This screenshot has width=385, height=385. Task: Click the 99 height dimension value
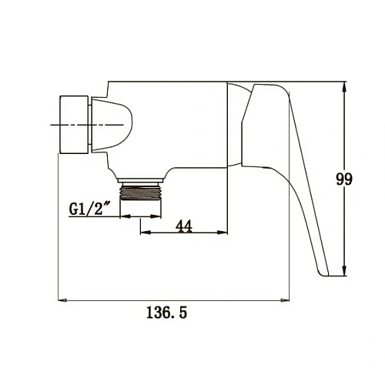tap(344, 179)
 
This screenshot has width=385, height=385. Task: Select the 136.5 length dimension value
tap(166, 313)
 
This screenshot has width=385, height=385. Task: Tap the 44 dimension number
tap(184, 226)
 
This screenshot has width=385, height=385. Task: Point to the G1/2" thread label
tap(89, 209)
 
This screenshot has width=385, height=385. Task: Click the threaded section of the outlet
tap(141, 192)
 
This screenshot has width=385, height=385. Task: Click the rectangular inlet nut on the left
tap(74, 125)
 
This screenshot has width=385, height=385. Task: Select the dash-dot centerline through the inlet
tap(86, 125)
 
